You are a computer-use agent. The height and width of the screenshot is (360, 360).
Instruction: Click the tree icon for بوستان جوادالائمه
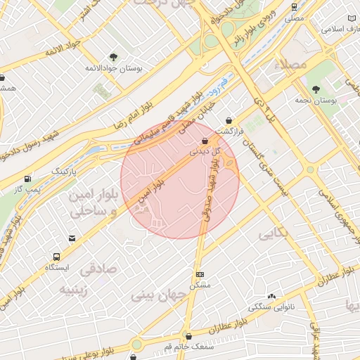(x=113, y=57)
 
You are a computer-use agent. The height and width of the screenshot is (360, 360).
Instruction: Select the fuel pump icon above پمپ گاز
(x=27, y=179)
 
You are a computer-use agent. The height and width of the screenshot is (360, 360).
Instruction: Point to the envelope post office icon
(x=72, y=239)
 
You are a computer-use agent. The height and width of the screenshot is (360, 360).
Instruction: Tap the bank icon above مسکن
(x=200, y=274)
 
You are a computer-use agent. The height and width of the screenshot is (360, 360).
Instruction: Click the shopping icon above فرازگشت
(x=229, y=120)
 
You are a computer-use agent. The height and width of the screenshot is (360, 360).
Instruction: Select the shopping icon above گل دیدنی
(x=205, y=140)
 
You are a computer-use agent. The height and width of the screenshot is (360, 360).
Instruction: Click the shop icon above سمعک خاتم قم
(x=187, y=336)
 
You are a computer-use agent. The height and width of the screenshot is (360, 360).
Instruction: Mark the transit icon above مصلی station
(x=292, y=6)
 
